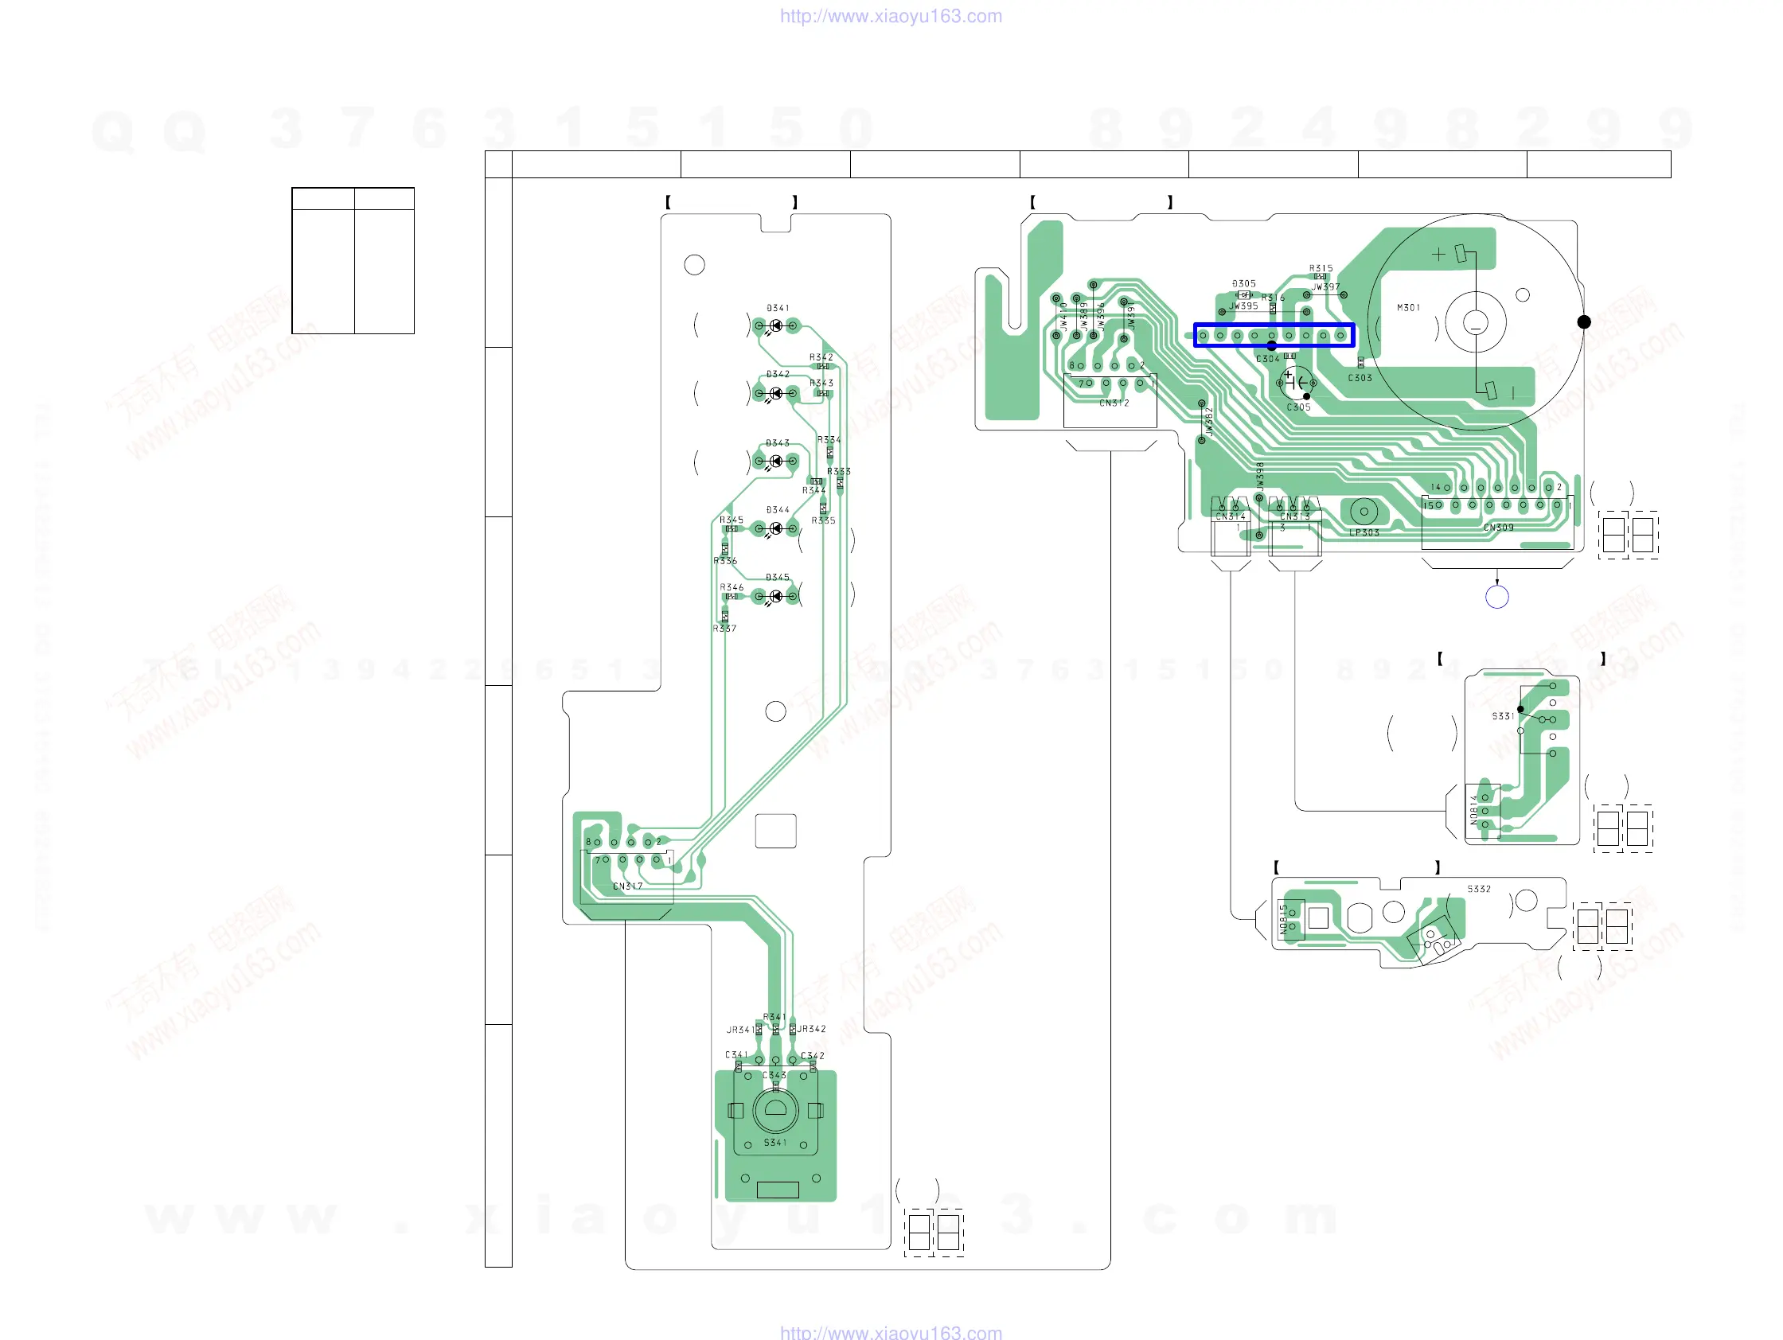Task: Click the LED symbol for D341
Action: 775,326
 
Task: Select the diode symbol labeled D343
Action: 775,461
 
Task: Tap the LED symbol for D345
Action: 775,596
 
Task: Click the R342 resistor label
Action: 821,357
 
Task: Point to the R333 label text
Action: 838,471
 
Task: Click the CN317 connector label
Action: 628,886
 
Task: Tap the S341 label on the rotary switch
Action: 775,1143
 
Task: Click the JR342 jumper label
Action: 812,1029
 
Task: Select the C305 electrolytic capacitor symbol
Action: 1296,382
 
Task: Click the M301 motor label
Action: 1408,308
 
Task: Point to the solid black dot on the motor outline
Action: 1584,322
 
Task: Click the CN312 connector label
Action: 1114,403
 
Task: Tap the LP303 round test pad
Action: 1364,511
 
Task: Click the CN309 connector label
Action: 1499,528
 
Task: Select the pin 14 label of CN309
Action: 1436,488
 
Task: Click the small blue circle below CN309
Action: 1497,597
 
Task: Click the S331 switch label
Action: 1503,716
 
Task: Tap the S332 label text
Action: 1479,890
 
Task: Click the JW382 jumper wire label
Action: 1209,420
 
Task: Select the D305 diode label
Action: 1244,283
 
